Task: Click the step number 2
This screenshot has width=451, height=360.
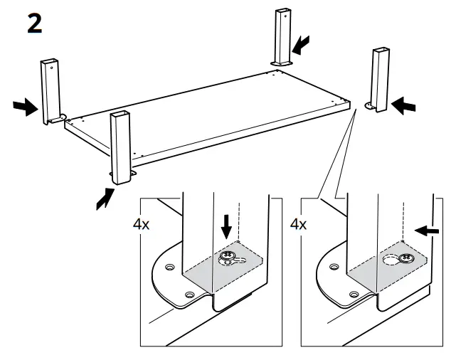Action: click(x=34, y=23)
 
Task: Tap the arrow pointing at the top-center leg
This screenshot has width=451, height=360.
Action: click(x=302, y=46)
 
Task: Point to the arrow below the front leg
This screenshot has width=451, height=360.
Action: click(x=105, y=197)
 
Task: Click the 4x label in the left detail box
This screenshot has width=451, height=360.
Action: click(x=142, y=224)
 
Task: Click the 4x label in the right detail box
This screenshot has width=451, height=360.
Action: click(x=300, y=224)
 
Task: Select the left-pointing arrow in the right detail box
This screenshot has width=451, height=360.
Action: click(x=428, y=230)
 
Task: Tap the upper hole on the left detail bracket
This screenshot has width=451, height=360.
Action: click(x=170, y=267)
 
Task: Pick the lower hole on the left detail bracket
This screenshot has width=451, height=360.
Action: click(x=189, y=293)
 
